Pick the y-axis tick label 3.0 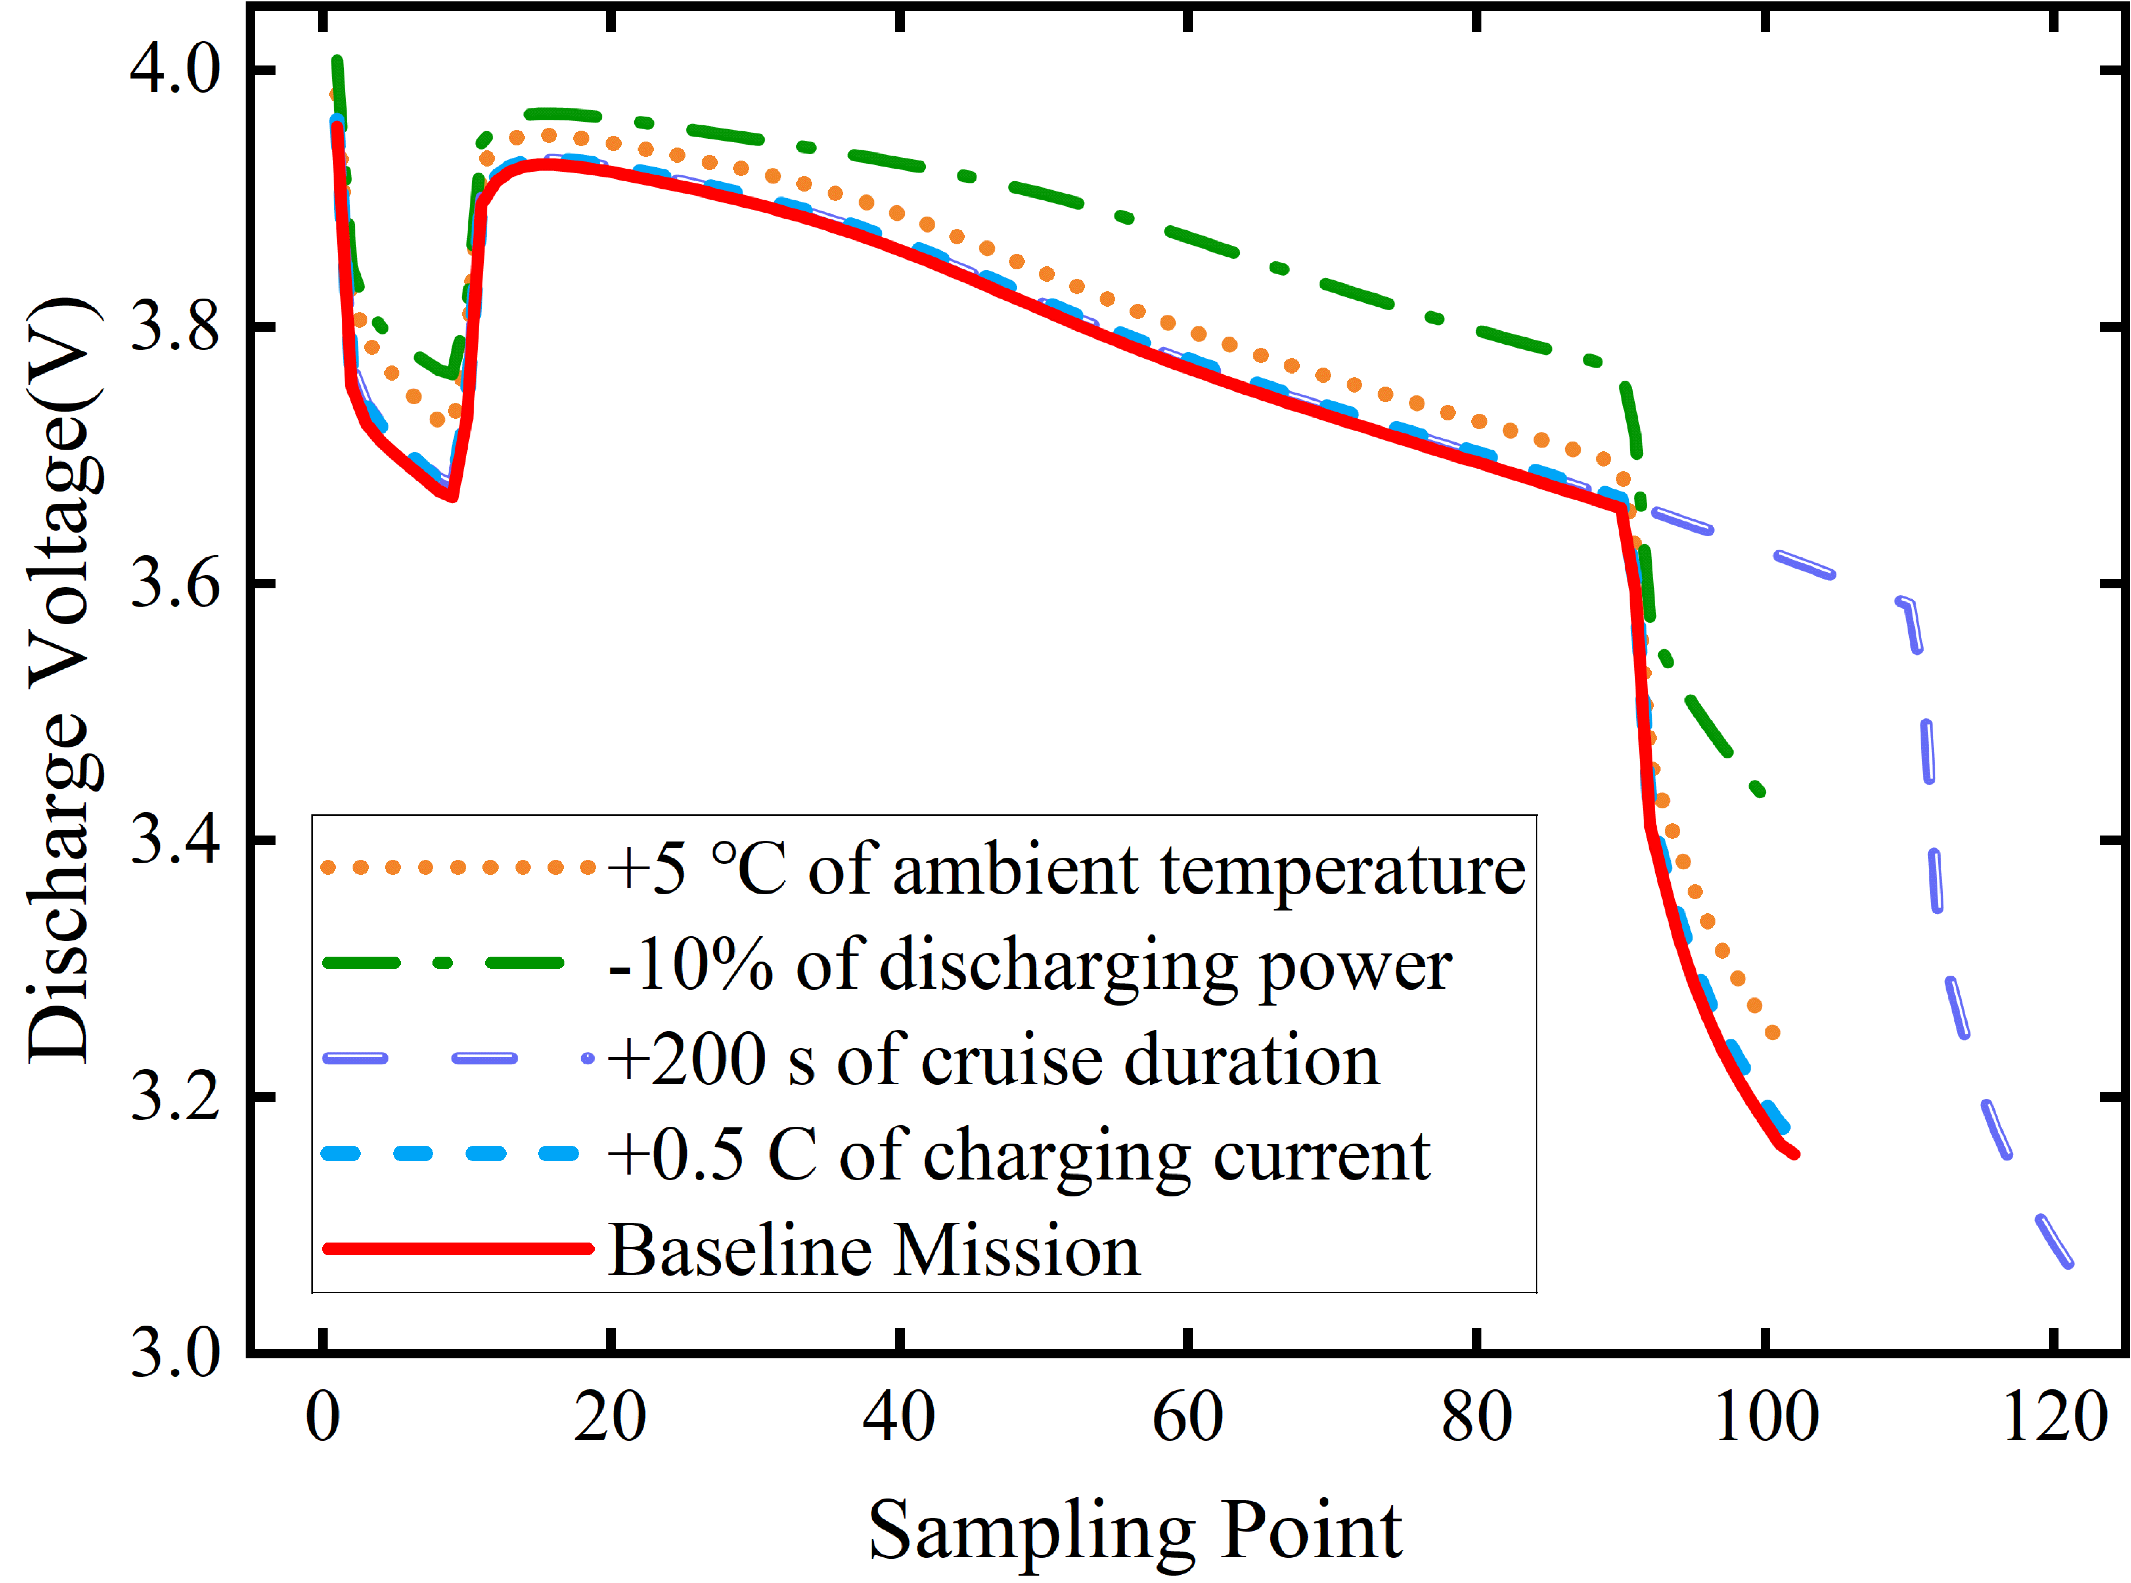[x=175, y=1352]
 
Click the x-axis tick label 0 [x=323, y=1416]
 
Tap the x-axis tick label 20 [x=610, y=1416]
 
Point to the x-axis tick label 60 [x=1188, y=1416]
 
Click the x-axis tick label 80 [x=1476, y=1416]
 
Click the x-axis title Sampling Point [x=1135, y=1530]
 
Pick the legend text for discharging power [x=1030, y=965]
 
